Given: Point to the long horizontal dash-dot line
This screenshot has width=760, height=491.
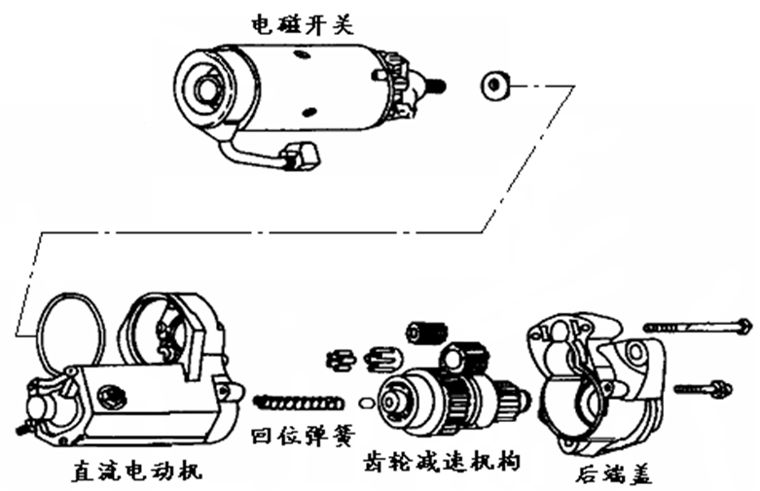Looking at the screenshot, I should click(263, 231).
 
